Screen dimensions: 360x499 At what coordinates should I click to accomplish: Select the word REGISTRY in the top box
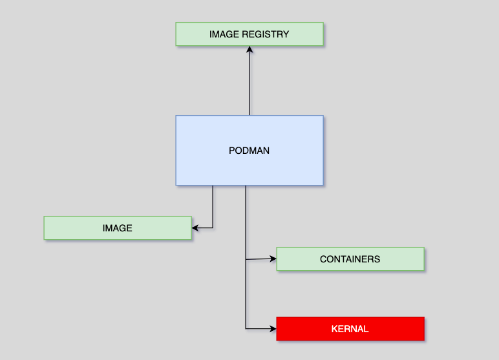[265, 34]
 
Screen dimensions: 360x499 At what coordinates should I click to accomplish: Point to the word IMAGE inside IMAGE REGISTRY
[224, 34]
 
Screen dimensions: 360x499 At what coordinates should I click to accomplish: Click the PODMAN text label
[249, 151]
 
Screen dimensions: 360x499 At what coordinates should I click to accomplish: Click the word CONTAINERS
[350, 259]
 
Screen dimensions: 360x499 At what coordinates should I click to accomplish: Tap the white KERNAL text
[350, 329]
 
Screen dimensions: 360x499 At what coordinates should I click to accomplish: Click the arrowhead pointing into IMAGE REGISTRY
[249, 50]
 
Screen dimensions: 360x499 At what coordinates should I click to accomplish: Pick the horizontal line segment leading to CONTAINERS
[260, 259]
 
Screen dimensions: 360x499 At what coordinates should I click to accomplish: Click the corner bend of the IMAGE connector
[213, 228]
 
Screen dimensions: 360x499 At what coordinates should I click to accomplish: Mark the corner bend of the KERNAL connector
[246, 328]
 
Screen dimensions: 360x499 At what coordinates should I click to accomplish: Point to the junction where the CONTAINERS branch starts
[246, 260]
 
